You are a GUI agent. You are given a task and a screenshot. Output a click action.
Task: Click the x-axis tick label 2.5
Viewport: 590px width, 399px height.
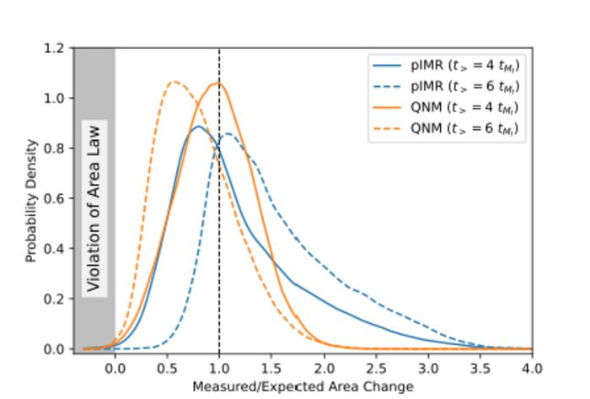[376, 368]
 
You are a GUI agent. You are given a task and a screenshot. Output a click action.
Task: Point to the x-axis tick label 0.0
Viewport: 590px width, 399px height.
[115, 368]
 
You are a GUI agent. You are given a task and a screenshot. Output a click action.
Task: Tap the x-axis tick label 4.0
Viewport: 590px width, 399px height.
[532, 368]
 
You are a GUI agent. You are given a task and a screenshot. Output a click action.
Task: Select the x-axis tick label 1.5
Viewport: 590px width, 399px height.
[271, 368]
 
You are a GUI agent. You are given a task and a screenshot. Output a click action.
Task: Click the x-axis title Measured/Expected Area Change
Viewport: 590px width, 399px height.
[303, 386]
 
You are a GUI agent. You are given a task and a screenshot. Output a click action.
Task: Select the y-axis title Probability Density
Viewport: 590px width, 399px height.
[31, 199]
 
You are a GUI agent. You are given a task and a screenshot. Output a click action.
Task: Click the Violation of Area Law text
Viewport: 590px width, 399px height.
[94, 208]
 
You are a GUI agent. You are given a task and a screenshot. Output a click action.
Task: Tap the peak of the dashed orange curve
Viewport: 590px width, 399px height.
[174, 82]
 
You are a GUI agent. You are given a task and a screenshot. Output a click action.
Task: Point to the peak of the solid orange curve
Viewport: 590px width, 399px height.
[218, 83]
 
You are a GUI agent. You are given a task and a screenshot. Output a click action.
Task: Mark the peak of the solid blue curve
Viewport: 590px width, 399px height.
[197, 127]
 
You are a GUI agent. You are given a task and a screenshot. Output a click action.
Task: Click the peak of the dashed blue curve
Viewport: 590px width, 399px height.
[228, 133]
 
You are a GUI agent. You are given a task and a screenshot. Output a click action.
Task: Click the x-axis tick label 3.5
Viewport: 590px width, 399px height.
[480, 368]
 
